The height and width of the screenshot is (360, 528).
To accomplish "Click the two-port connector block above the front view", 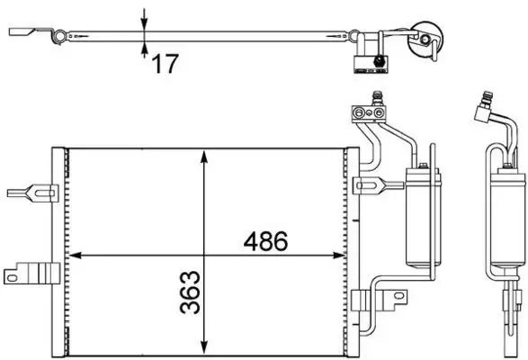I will [367, 113].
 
